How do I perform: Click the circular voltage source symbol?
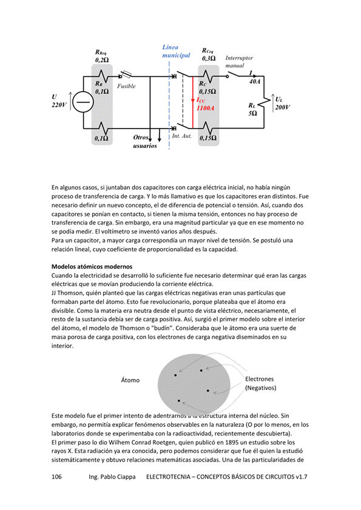(x=83, y=102)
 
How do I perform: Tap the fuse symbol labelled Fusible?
(x=126, y=75)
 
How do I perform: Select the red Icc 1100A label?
(x=206, y=104)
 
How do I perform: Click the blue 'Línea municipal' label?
(x=176, y=52)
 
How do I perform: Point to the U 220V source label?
(x=59, y=101)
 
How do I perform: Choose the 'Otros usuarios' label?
(x=145, y=141)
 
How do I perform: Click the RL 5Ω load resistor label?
(x=253, y=109)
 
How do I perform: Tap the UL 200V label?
(x=283, y=104)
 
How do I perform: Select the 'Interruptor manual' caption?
(x=239, y=61)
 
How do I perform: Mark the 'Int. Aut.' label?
(x=181, y=136)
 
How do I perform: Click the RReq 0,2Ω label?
(x=102, y=56)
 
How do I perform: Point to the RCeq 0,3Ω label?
(x=209, y=55)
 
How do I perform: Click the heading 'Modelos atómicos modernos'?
(x=92, y=267)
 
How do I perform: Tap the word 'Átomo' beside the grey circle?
(x=130, y=380)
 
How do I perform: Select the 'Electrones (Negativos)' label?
(x=260, y=383)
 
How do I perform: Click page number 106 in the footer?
(x=56, y=477)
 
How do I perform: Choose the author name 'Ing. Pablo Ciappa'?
(x=112, y=477)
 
